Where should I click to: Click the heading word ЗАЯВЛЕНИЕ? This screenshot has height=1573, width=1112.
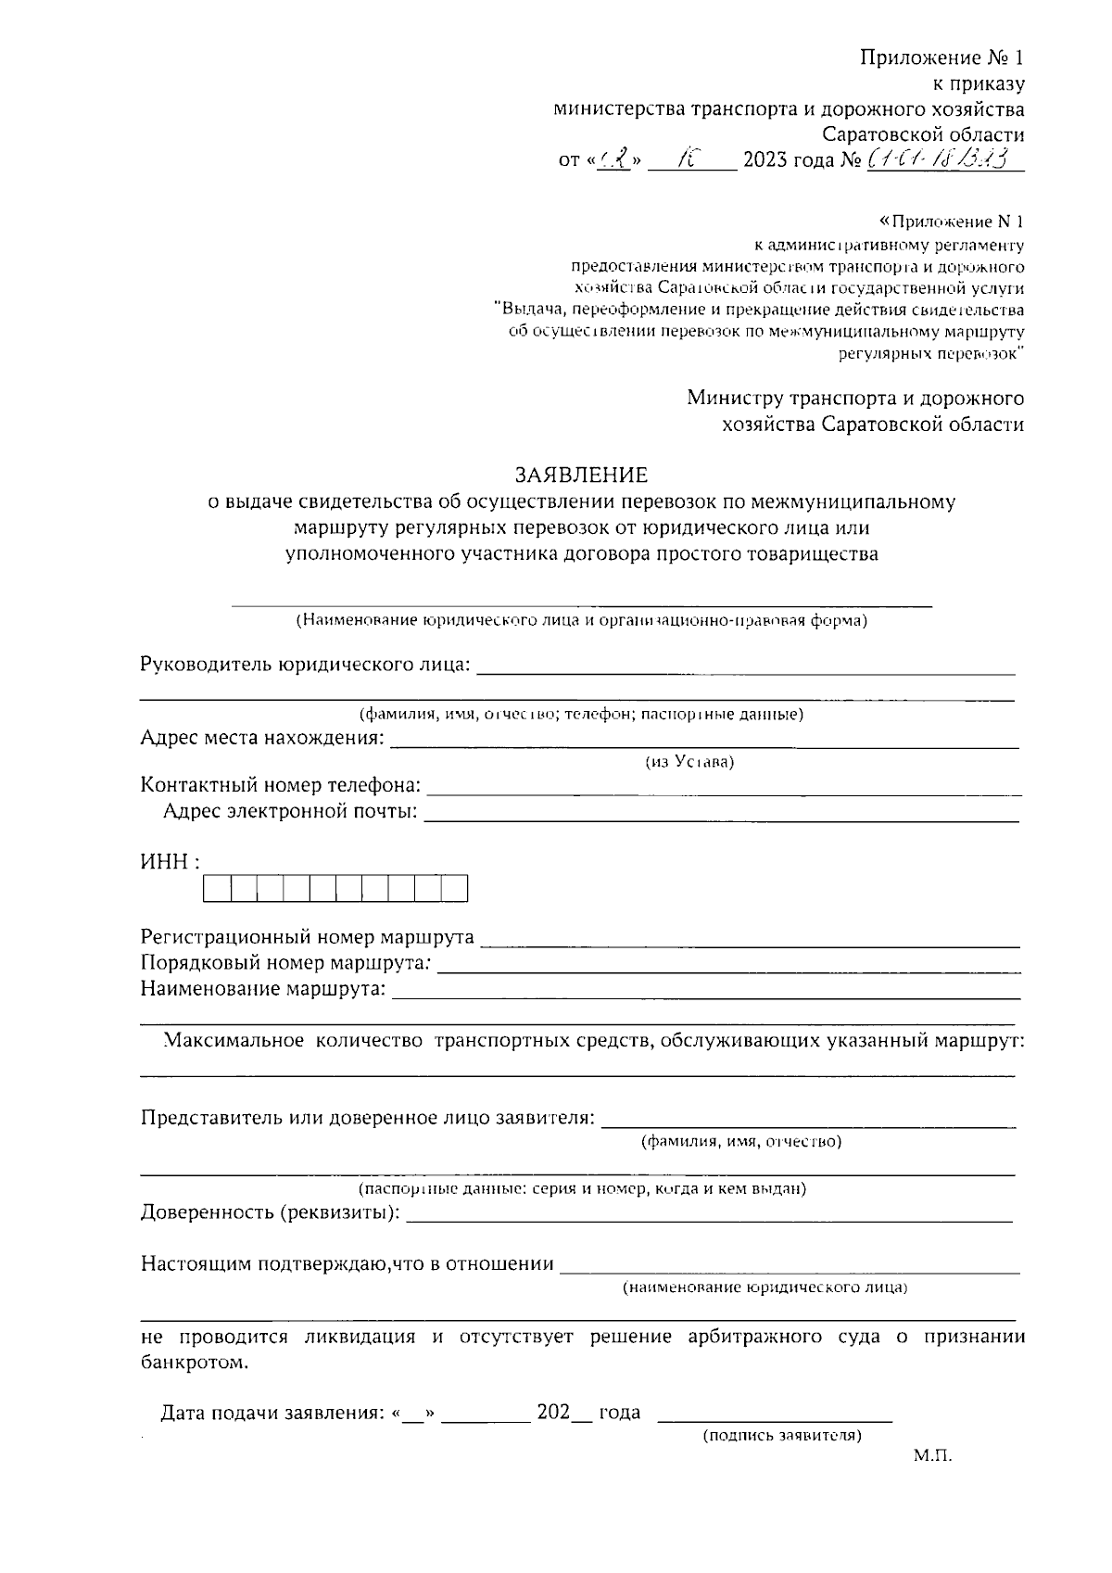click(x=581, y=476)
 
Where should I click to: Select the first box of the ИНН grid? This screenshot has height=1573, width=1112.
click(x=216, y=889)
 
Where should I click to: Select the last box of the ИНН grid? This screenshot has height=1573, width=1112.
click(x=455, y=889)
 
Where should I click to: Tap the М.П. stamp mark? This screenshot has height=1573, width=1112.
click(x=932, y=1456)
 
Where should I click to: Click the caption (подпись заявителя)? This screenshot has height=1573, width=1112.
click(x=782, y=1436)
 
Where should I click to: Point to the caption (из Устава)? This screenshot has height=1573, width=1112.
click(x=689, y=762)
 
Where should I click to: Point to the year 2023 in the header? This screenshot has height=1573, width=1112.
click(x=764, y=160)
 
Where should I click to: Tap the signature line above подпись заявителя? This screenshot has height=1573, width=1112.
click(x=775, y=1419)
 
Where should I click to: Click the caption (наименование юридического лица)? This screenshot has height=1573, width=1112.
click(x=764, y=1288)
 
